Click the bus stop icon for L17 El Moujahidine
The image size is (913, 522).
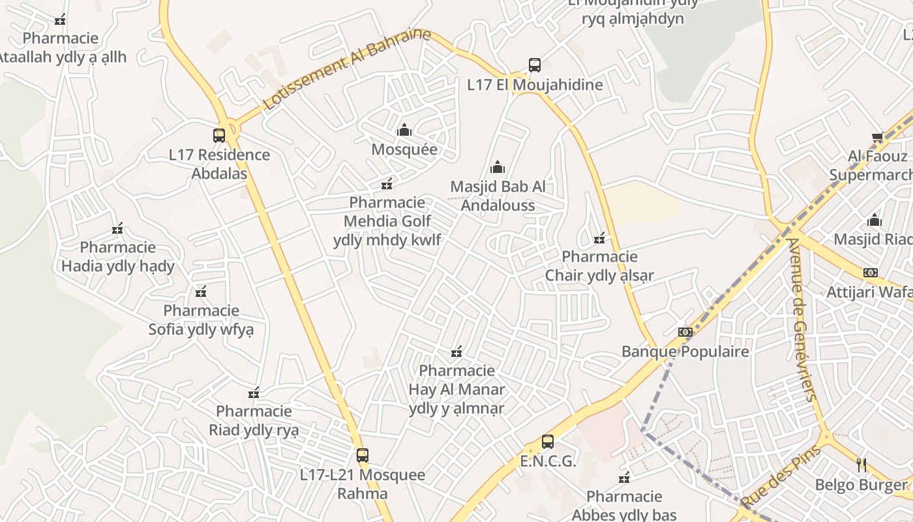coord(535,65)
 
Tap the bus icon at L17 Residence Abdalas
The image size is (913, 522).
coord(219,136)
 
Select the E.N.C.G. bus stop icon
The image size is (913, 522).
coord(548,442)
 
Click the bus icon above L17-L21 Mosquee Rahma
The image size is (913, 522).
coord(363,455)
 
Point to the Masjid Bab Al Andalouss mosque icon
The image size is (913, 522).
coord(498,168)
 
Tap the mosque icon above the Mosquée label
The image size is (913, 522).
coord(404,130)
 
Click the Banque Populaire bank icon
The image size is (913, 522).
coord(685,332)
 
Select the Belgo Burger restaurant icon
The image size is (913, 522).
coord(861,465)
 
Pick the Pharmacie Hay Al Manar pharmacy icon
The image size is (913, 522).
coord(456,352)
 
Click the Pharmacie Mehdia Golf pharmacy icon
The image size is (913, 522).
coord(387,184)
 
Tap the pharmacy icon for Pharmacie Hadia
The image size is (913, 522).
coord(117,229)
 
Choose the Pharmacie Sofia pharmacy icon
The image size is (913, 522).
coord(201,292)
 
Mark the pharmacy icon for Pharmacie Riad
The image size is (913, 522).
coord(254,393)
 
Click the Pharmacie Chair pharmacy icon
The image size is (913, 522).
coord(599,238)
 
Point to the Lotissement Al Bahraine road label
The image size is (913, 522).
coord(347,69)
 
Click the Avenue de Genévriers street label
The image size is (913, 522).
coord(801,320)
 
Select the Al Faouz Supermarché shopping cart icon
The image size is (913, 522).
coord(877,138)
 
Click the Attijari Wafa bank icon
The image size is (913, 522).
coord(870,273)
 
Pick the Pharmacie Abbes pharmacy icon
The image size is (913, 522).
coord(624,478)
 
